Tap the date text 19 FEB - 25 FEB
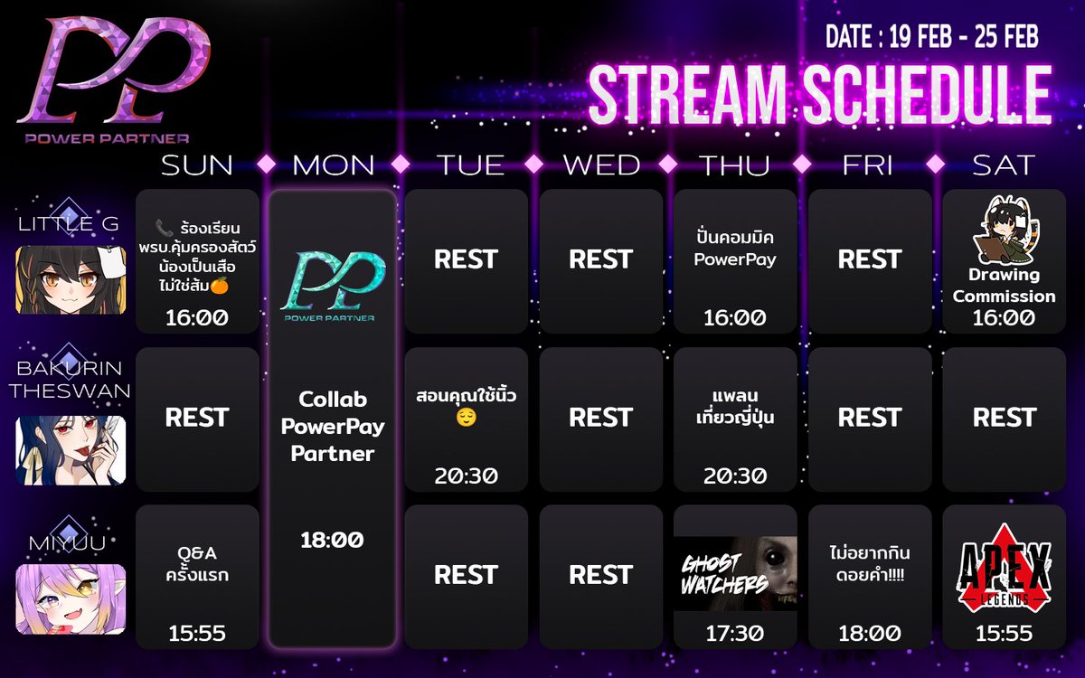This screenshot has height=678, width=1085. [931, 37]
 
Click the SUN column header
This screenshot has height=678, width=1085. [197, 165]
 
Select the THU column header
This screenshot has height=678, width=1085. [734, 165]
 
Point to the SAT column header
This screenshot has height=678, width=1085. [1004, 165]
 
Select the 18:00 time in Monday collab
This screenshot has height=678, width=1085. [332, 540]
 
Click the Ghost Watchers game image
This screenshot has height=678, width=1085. [735, 573]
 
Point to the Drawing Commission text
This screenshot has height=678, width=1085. [1004, 286]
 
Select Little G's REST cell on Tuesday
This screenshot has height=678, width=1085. [466, 259]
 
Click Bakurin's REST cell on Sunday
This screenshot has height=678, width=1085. [197, 418]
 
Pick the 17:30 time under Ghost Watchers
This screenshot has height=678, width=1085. [735, 634]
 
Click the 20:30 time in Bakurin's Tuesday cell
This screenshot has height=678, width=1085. [466, 476]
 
